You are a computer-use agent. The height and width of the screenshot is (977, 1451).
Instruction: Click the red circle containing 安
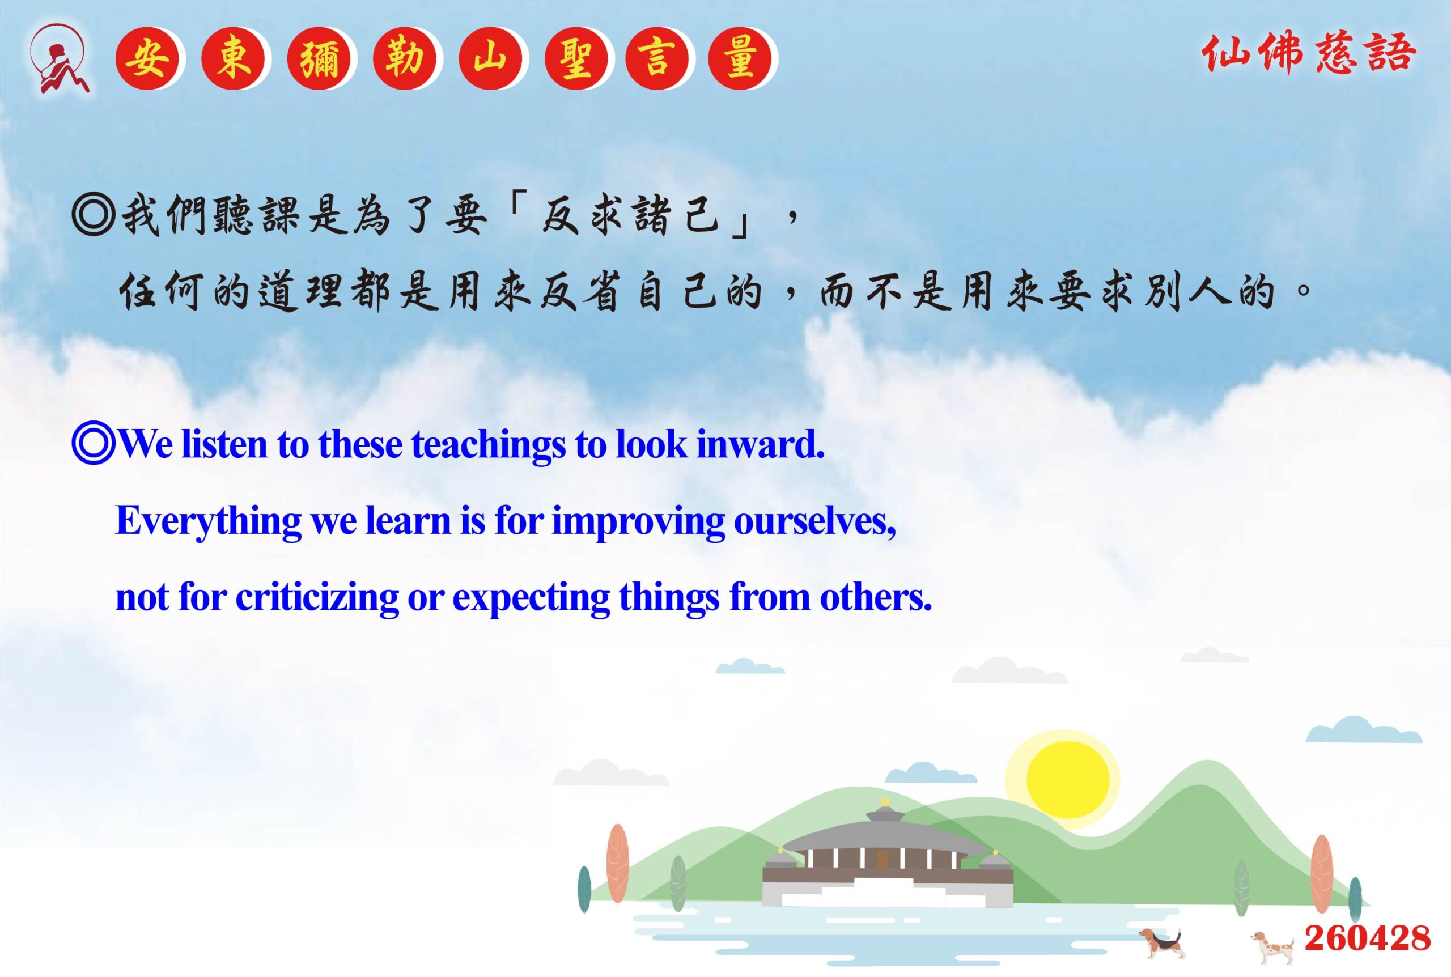point(147,59)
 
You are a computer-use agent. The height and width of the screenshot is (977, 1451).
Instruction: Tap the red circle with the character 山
point(490,59)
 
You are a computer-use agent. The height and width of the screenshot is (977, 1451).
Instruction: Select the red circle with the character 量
point(740,59)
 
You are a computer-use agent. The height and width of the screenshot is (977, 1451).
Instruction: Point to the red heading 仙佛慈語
point(1309,54)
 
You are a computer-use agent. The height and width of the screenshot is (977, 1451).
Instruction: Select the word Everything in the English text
point(209,521)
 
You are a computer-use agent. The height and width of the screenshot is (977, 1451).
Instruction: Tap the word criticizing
point(317,598)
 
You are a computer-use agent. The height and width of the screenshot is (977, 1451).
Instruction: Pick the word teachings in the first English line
point(489,446)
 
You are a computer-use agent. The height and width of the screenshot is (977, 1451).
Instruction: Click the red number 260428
point(1368,938)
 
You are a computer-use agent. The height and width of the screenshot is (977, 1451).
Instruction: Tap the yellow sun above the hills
point(1068,779)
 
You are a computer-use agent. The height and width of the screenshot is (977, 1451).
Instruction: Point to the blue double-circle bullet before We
point(94,444)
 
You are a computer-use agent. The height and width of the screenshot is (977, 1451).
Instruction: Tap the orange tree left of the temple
point(617,863)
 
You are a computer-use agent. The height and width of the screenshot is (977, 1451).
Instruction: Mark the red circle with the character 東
point(233,59)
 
